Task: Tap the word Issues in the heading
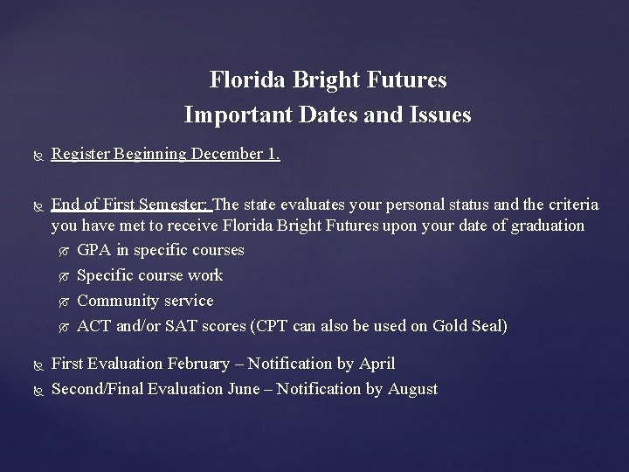[x=440, y=115]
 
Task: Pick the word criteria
[x=570, y=205]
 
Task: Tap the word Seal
[x=484, y=326]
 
